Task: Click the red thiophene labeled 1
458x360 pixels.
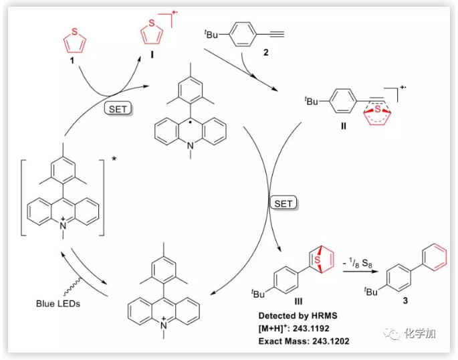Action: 74,41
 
